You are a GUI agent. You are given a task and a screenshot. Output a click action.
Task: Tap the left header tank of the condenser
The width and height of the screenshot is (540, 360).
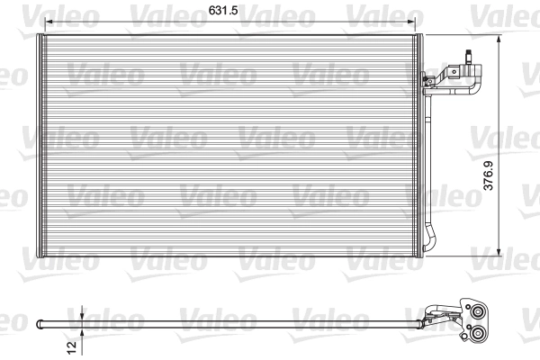38,144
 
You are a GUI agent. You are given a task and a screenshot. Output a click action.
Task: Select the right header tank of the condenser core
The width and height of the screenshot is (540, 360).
418,144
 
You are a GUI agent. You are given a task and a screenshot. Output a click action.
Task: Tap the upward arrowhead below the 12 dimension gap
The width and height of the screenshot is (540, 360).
82,330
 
